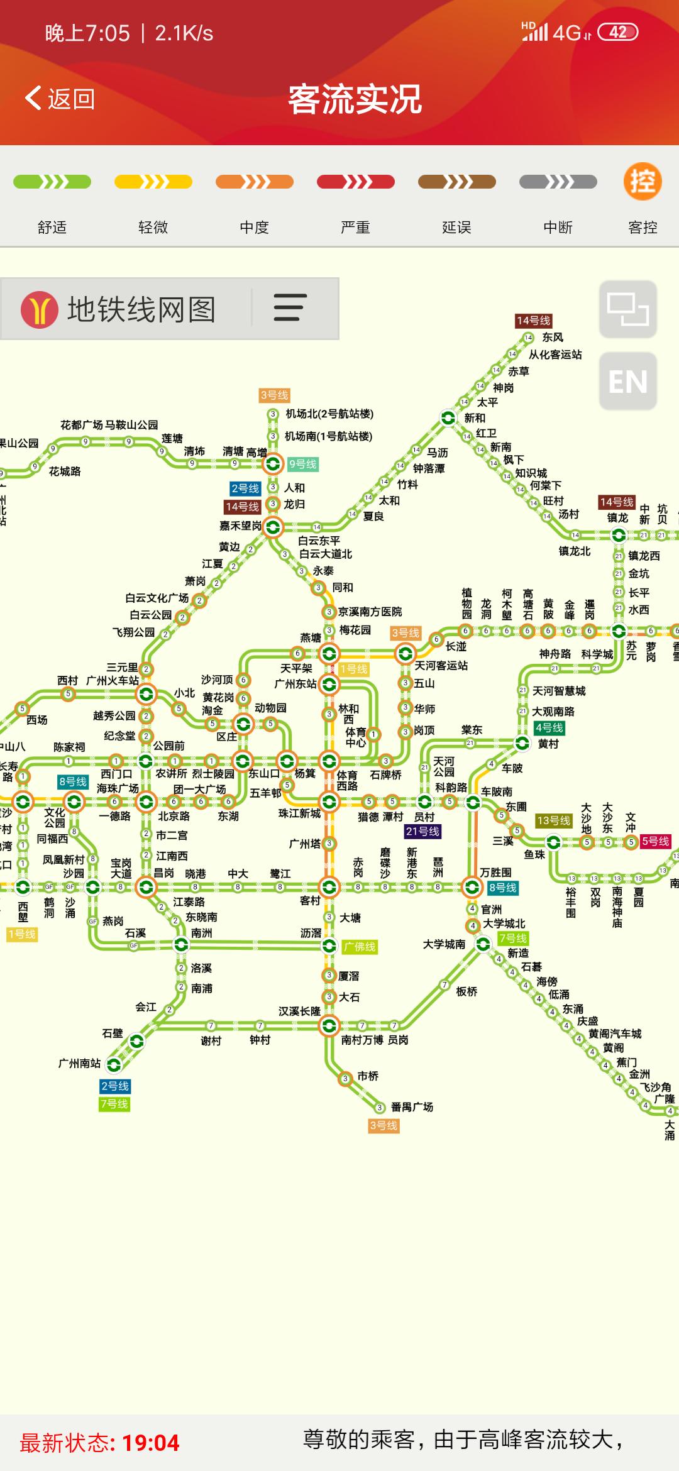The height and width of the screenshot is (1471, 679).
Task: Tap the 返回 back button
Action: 60,99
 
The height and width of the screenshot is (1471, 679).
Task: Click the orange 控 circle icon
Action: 643,182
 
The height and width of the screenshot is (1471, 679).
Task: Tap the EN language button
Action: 627,382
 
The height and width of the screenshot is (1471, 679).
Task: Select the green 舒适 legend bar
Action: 52,182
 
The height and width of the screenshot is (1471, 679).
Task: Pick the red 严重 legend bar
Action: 356,182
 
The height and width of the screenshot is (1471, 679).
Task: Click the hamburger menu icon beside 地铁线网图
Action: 290,308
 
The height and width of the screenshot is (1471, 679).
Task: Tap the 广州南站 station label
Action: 79,1063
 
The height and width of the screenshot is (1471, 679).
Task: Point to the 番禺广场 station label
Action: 412,1106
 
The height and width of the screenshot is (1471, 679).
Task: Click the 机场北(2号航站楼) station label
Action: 329,414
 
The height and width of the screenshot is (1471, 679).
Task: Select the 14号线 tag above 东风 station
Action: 533,321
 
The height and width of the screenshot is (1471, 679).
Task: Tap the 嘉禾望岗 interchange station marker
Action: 273,527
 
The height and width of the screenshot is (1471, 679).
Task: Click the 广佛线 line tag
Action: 360,946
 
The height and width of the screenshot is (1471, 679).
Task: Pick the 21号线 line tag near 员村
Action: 422,831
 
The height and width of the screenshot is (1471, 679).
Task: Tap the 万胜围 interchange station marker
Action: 472,887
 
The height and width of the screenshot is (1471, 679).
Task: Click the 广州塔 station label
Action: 305,844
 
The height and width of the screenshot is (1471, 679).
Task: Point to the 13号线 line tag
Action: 553,820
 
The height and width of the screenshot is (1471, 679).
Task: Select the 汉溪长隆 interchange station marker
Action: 328,1026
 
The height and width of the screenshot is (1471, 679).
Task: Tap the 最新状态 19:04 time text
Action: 100,1442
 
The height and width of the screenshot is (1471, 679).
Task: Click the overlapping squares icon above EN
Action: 627,309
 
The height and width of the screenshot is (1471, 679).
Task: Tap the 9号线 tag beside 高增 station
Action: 303,464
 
